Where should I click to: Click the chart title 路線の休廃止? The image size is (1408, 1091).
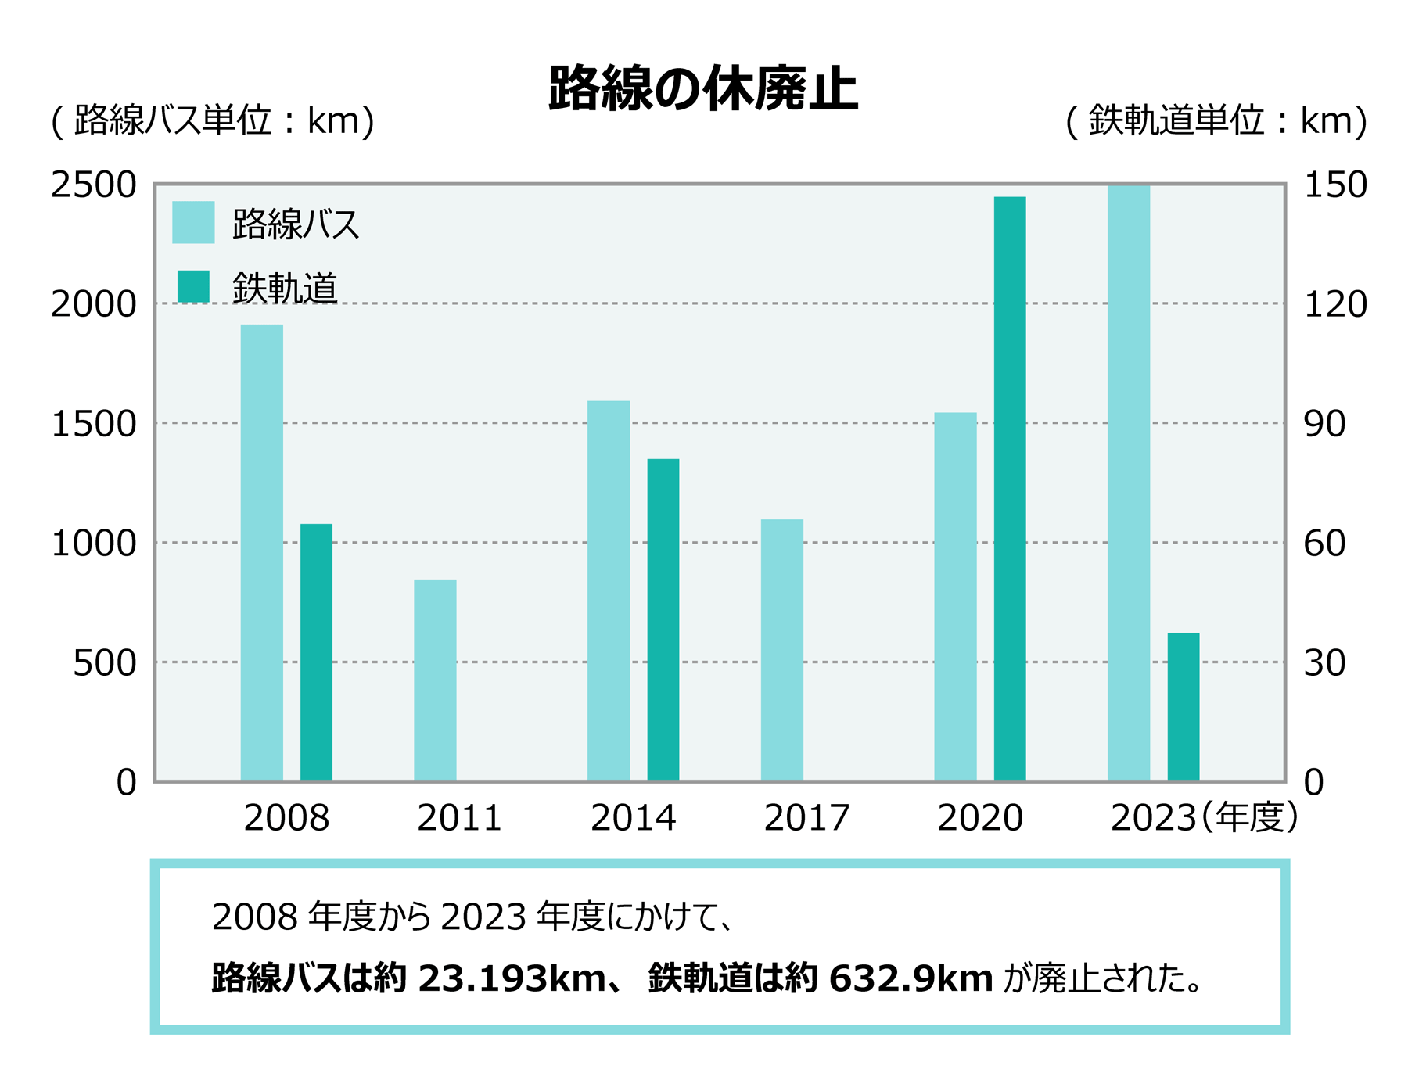[x=702, y=89]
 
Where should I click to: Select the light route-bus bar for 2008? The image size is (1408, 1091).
[x=261, y=552]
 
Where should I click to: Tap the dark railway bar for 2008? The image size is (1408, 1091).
[x=316, y=651]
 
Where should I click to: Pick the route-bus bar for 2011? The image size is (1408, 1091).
[x=435, y=680]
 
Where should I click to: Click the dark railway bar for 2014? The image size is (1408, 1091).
[x=663, y=619]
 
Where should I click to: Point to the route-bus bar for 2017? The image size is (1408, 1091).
[x=781, y=650]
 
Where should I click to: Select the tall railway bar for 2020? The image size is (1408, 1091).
[x=1009, y=488]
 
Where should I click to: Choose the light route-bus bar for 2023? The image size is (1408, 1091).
[x=1128, y=483]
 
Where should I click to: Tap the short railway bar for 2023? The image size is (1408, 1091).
[x=1183, y=706]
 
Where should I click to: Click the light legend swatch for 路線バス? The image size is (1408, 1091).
[x=193, y=223]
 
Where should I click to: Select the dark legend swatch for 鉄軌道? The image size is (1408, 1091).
[x=193, y=286]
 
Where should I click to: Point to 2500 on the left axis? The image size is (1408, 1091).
[x=94, y=185]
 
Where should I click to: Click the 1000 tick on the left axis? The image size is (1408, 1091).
[x=94, y=544]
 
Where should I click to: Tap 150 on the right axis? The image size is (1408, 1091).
[x=1335, y=185]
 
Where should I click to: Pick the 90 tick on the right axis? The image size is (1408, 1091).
[x=1324, y=424]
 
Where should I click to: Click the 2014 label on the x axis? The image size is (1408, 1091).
[x=633, y=818]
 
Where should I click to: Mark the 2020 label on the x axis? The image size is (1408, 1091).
[x=979, y=818]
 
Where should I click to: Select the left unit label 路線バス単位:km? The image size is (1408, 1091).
[x=213, y=121]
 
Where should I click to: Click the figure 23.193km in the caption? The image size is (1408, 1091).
[x=512, y=978]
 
